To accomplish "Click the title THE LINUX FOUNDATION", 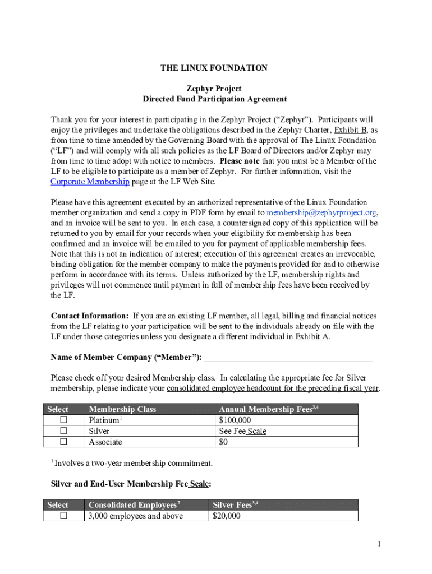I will pyautogui.click(x=214, y=68).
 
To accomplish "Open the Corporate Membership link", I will pyautogui.click(x=90, y=182).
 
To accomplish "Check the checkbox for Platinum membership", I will pyautogui.click(x=63, y=420).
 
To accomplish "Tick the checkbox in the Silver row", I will pyautogui.click(x=63, y=430).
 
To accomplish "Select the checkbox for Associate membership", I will pyautogui.click(x=63, y=442).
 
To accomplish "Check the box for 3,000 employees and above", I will pyautogui.click(x=63, y=515).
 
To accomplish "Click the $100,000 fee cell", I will pyautogui.click(x=235, y=420).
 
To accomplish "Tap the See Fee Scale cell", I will pyautogui.click(x=242, y=431).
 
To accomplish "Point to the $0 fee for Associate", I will pyautogui.click(x=224, y=442).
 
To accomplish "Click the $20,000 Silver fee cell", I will pyautogui.click(x=227, y=516).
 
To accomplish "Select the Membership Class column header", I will pyautogui.click(x=122, y=409).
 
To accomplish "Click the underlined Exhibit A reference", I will pyautogui.click(x=312, y=337).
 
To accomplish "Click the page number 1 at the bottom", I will pyautogui.click(x=379, y=544).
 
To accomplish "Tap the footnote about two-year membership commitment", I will pyautogui.click(x=132, y=463).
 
